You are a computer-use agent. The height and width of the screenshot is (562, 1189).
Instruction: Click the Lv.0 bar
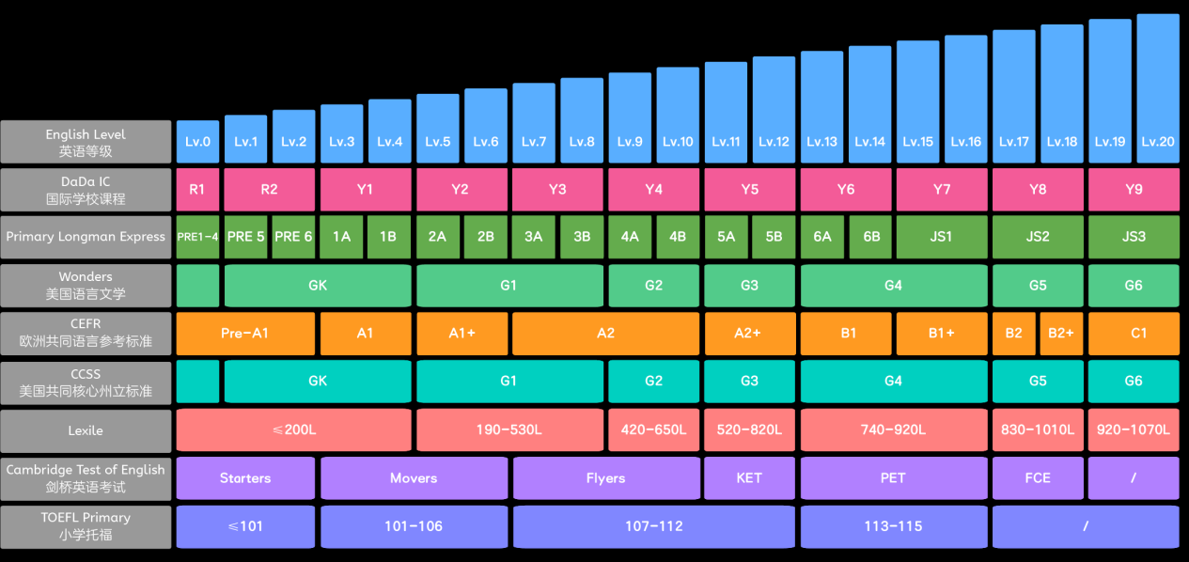(x=197, y=141)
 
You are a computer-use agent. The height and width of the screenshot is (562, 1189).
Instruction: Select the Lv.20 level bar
(x=1158, y=88)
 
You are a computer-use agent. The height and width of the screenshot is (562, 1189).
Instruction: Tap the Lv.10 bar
(x=678, y=115)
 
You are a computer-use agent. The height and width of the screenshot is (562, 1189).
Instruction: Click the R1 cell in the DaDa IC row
(x=197, y=190)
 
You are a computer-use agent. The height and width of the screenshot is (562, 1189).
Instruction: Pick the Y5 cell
(x=749, y=190)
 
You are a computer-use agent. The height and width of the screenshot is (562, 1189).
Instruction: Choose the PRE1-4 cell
(x=197, y=237)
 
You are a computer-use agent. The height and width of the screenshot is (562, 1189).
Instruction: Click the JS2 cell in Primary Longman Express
(x=1038, y=237)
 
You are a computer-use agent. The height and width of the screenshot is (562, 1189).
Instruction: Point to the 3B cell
(x=582, y=237)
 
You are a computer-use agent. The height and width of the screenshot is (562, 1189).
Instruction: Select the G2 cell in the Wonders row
(x=653, y=286)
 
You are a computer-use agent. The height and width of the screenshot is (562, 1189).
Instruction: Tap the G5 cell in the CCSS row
(x=1038, y=381)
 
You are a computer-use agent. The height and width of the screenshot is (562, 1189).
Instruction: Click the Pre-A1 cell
(x=245, y=334)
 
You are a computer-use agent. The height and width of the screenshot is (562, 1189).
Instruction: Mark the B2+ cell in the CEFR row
(x=1061, y=334)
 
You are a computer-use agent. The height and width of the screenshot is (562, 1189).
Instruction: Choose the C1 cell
(x=1134, y=334)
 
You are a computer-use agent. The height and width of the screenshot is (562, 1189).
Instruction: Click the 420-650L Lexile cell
(x=653, y=429)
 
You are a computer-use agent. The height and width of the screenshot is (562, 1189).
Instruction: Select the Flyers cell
(x=605, y=478)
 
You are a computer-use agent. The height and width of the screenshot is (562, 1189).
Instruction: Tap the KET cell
(x=749, y=478)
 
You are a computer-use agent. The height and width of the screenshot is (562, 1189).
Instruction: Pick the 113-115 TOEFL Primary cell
(x=894, y=526)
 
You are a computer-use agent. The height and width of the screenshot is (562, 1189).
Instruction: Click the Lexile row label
(x=86, y=430)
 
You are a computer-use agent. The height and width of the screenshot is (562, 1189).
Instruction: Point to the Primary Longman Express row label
(x=86, y=237)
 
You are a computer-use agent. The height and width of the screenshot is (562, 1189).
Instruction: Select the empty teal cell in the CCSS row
(x=197, y=381)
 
